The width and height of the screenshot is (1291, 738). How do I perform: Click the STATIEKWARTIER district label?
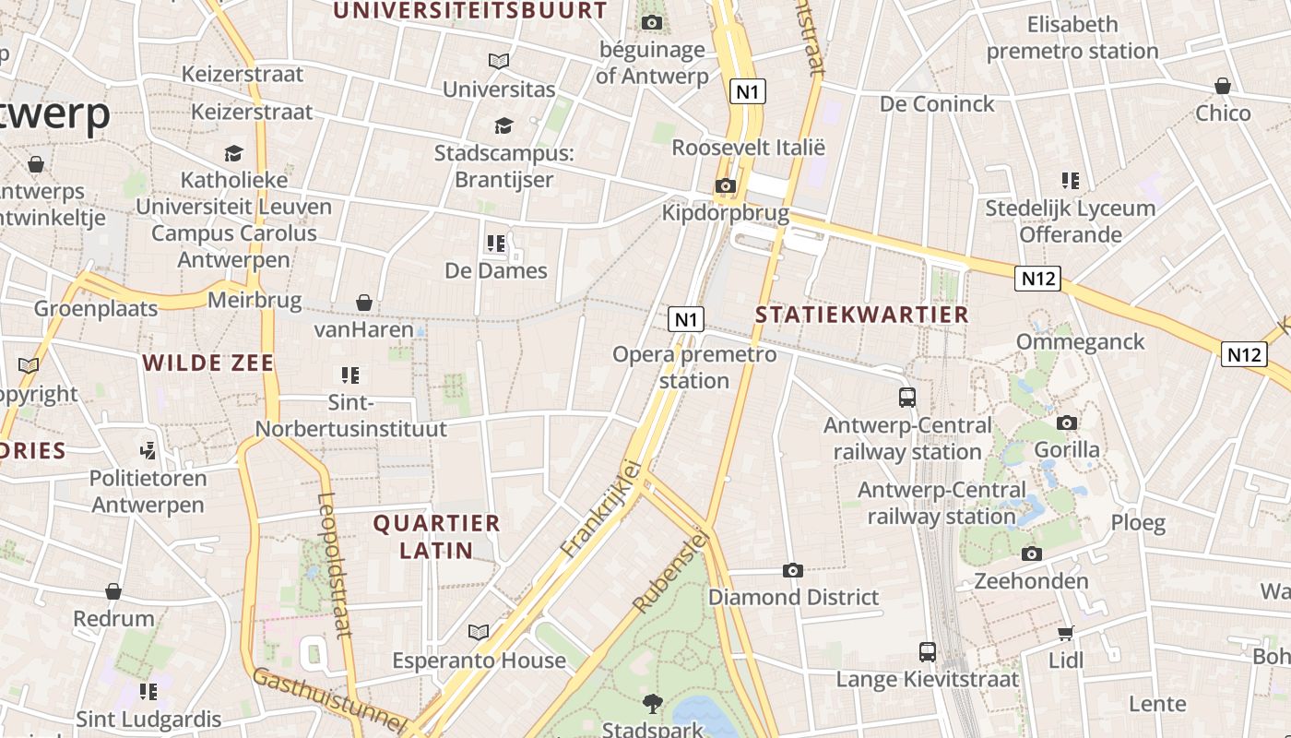point(862,315)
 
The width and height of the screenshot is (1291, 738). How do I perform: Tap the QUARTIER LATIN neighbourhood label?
point(436,537)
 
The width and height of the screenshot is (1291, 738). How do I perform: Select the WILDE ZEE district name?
point(209,363)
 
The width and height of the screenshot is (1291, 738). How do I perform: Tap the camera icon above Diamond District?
point(793,571)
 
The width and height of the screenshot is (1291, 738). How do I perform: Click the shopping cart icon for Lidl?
point(1066,633)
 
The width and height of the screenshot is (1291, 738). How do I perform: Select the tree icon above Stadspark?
point(653,704)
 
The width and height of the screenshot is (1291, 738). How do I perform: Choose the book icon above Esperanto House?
point(478,633)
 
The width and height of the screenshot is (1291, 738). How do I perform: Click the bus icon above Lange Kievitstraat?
point(928,652)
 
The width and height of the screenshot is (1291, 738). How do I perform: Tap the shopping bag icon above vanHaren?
point(364,303)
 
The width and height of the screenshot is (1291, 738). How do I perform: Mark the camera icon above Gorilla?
point(1067,423)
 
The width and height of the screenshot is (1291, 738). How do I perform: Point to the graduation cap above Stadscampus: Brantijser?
point(503,125)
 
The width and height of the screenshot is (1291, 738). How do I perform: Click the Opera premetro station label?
point(694,367)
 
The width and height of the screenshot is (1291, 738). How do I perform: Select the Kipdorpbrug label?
point(726,213)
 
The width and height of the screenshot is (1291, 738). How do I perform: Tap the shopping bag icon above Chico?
point(1223,87)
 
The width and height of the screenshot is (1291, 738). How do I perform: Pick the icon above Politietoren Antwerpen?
point(148,451)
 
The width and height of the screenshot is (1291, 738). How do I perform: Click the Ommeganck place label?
point(1080,342)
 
